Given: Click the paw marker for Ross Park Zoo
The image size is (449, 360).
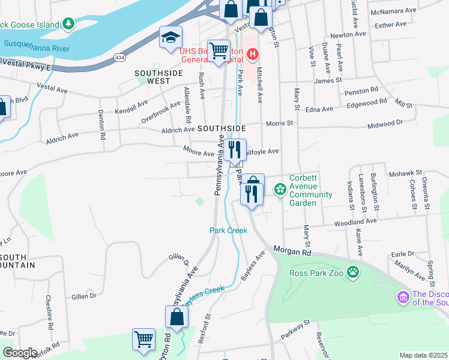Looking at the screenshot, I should coord(355,272).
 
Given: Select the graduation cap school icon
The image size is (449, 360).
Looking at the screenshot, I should coord(170,37).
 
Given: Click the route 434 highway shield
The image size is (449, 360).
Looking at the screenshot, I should coord(120,56).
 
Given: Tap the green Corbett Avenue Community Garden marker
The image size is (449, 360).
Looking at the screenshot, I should coord(279,190).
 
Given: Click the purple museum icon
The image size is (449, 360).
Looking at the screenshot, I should coord(403,298).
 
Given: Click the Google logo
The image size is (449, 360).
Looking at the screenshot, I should coord(20,353).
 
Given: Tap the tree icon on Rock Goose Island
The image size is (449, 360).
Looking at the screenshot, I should coord(69,23).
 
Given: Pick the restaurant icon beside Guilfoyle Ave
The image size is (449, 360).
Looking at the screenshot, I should coord(234,149).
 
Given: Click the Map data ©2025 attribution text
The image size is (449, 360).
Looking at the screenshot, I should coord(423,355).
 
